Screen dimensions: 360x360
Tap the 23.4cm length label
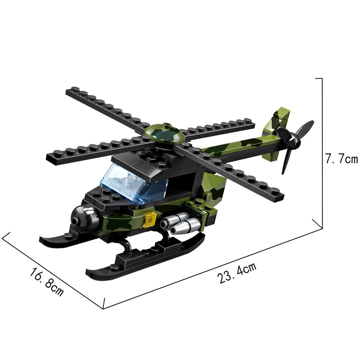237,273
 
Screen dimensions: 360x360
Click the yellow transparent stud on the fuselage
150,220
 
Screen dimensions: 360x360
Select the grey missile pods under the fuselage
180,223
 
